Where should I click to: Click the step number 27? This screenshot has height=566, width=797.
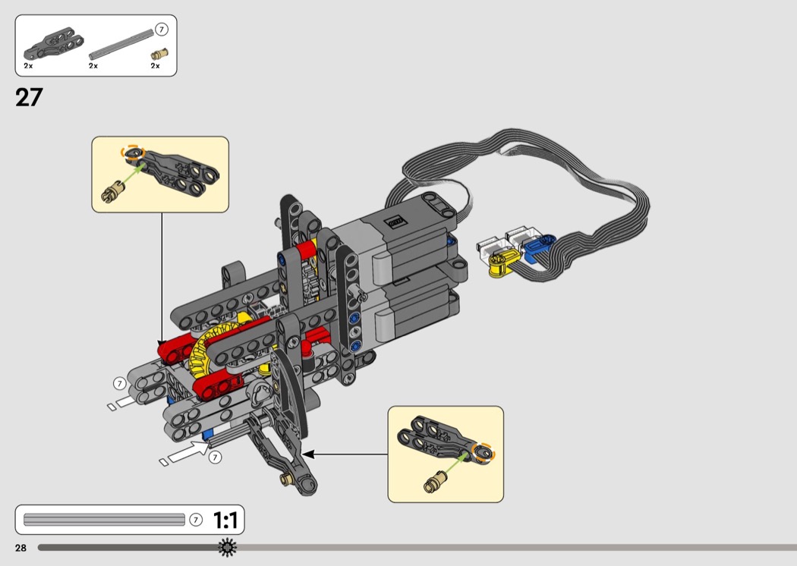coord(29,98)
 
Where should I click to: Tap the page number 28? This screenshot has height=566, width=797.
coord(20,548)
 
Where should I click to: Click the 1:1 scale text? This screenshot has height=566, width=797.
coord(225,520)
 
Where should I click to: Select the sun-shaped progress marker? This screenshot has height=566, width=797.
coord(227,547)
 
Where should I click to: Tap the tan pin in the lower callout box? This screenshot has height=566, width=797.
coord(434,480)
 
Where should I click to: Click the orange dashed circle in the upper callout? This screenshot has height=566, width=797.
coord(133,153)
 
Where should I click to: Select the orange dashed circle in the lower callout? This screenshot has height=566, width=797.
coord(482,454)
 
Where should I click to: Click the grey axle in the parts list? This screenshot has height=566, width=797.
coord(121,46)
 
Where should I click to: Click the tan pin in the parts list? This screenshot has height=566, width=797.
coord(159,54)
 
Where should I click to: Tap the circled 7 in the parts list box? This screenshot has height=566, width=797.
coord(161,30)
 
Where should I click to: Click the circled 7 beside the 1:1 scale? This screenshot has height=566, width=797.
coord(196,520)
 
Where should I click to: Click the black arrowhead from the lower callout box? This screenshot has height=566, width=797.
coord(307,454)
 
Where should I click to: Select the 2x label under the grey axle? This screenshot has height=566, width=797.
coord(93,66)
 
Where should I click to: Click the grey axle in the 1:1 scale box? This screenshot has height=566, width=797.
coord(104,520)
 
